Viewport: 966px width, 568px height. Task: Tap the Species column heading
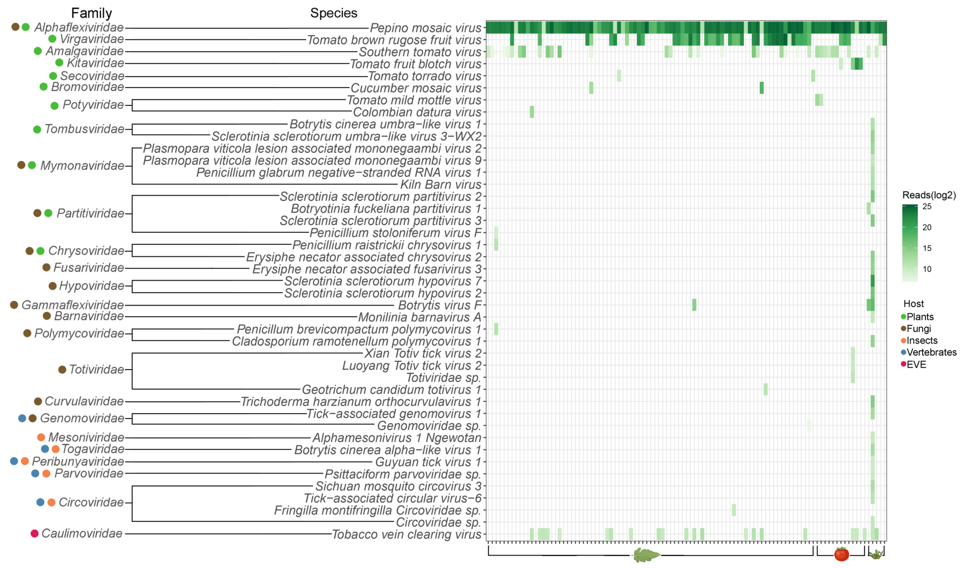334,13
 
